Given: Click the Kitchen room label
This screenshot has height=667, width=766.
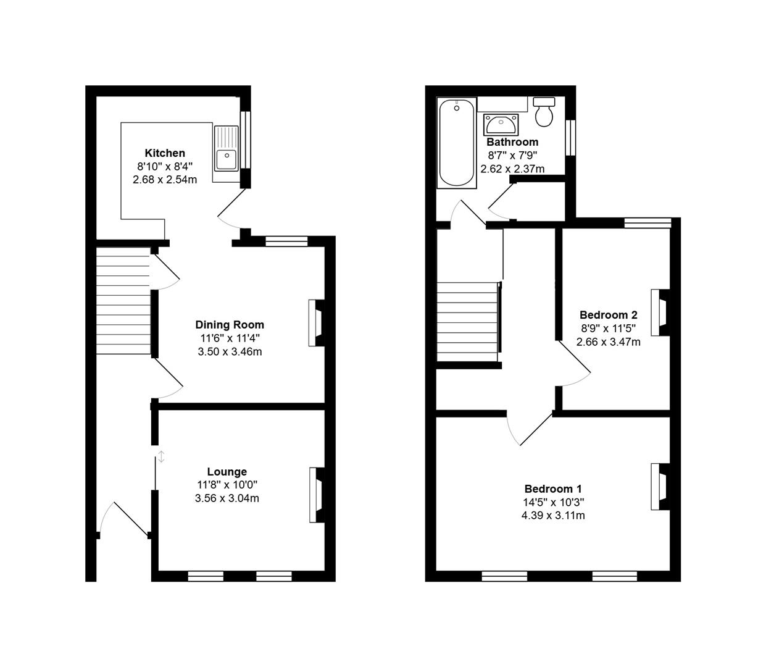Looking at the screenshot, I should pyautogui.click(x=165, y=153).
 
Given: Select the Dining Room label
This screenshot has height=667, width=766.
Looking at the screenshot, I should pyautogui.click(x=230, y=325).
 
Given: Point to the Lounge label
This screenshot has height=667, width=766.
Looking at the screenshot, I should pyautogui.click(x=227, y=472).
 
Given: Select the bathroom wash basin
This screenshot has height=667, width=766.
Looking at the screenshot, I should pyautogui.click(x=500, y=125).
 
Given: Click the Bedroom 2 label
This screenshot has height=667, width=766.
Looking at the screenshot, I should pyautogui.click(x=608, y=315).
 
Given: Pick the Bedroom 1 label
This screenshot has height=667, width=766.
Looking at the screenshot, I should pyautogui.click(x=553, y=489).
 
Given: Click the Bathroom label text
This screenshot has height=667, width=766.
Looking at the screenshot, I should pyautogui.click(x=512, y=142).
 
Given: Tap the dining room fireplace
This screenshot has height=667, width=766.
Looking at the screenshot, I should pyautogui.click(x=317, y=323).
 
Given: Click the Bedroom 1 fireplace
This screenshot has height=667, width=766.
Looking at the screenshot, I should pyautogui.click(x=659, y=486).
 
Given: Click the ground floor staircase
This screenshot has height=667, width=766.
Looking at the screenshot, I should pyautogui.click(x=123, y=301).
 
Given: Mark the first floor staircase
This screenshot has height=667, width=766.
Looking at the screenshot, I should pyautogui.click(x=467, y=322).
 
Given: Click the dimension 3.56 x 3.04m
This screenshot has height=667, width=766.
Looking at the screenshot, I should pyautogui.click(x=227, y=498).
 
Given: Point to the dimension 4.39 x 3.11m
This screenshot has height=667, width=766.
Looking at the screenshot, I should pyautogui.click(x=553, y=515).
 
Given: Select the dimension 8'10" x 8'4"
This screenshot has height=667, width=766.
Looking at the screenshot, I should pyautogui.click(x=165, y=166).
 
